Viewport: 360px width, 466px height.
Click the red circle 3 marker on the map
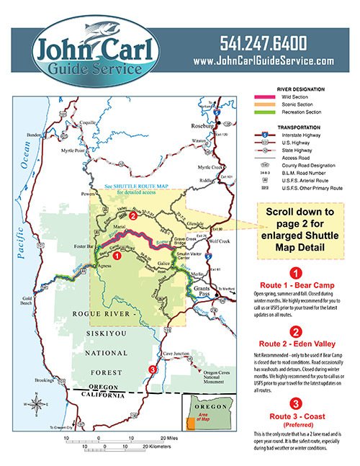(x=152, y=370)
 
